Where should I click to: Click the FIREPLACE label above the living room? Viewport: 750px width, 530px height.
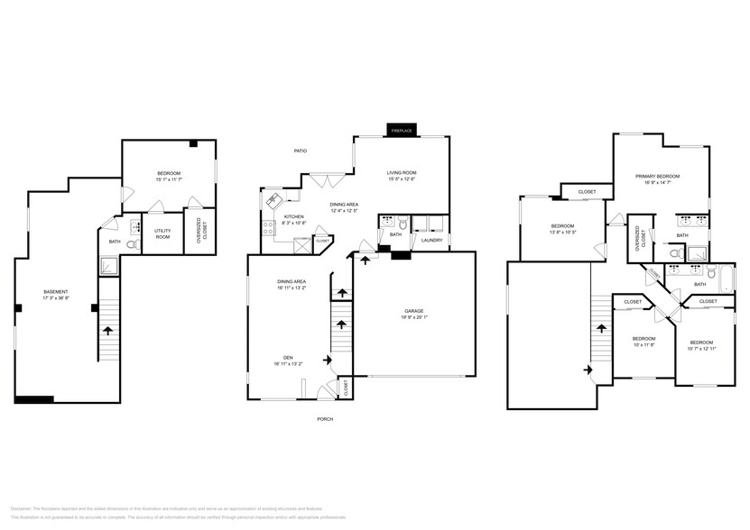(x=401, y=132)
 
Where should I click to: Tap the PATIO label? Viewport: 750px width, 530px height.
(x=301, y=151)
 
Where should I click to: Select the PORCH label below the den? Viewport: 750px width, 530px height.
(x=325, y=419)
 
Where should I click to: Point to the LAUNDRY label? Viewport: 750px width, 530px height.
(x=431, y=241)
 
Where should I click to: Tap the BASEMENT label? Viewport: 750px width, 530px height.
(x=56, y=291)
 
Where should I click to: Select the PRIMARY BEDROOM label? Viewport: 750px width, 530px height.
(x=657, y=176)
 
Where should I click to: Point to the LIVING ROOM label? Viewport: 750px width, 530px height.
(x=402, y=172)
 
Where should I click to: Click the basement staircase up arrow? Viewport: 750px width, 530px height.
(x=108, y=331)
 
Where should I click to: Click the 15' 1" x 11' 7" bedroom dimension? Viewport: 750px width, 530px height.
(x=169, y=179)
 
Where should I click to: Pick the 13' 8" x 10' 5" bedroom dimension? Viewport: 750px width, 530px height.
(x=563, y=232)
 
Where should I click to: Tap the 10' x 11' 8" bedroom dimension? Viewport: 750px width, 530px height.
(x=643, y=344)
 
